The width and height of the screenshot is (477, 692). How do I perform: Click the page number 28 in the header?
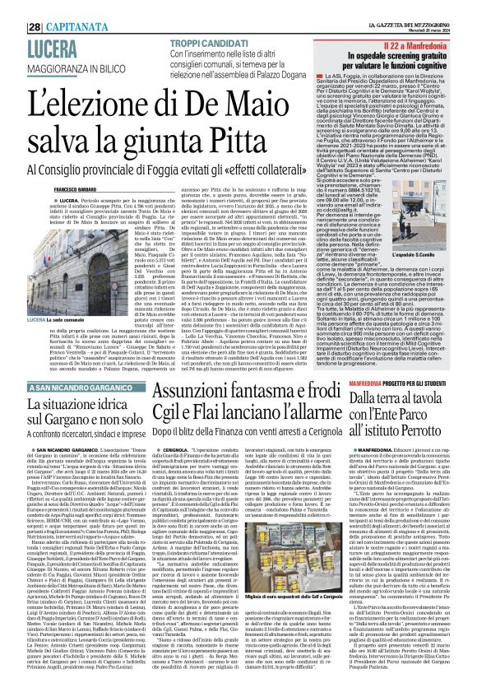13,8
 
